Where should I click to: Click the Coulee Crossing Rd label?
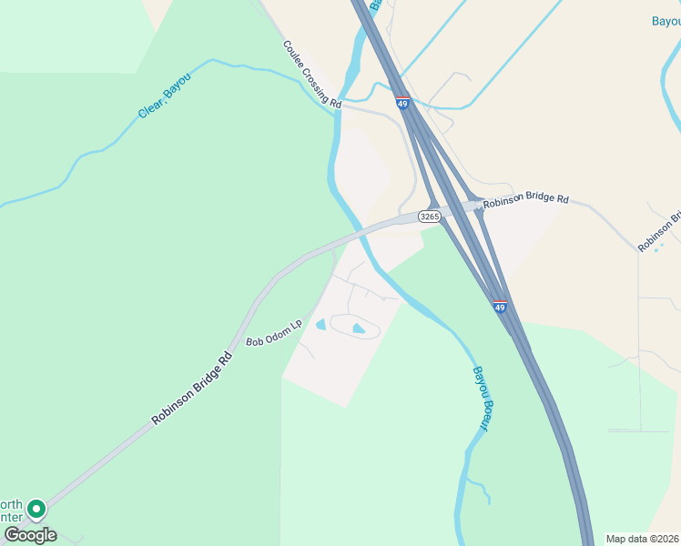(311, 75)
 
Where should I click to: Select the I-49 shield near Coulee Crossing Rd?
(401, 103)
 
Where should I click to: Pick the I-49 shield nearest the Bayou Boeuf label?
(500, 307)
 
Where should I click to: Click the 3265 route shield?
(430, 217)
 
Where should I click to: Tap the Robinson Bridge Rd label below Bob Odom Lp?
(191, 389)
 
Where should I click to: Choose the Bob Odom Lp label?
(274, 333)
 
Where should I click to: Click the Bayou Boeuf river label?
(480, 397)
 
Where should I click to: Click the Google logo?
(30, 535)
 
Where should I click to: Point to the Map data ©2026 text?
(642, 539)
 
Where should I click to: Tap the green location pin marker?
(36, 508)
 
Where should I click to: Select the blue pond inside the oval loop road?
(358, 328)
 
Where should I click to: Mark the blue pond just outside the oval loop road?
(320, 324)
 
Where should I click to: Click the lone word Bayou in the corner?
(666, 21)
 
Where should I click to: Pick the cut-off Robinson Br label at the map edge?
(660, 233)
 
